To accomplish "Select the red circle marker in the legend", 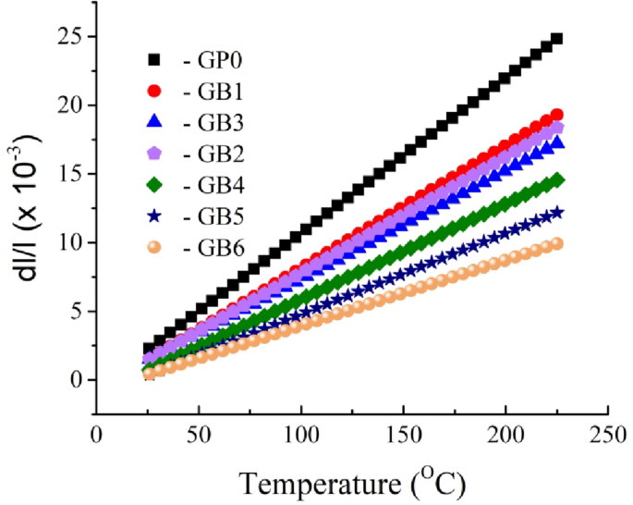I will coord(155,92).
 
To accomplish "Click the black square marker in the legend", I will coord(155,61).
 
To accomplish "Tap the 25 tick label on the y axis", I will coord(71,37).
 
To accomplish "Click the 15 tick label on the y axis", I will coord(71,174).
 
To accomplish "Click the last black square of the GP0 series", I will coord(556,39).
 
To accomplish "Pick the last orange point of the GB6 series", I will coord(556,244).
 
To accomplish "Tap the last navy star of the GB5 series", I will coord(556,212).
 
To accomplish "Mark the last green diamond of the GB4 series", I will coord(556,179).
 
